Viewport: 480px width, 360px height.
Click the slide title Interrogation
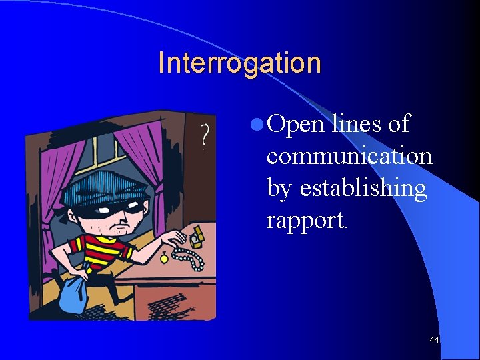[x=239, y=63]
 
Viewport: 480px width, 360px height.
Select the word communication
[x=349, y=156]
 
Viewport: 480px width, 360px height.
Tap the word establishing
[x=363, y=189]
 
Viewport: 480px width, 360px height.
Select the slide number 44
[x=434, y=341]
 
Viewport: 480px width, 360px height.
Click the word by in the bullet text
[x=281, y=189]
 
